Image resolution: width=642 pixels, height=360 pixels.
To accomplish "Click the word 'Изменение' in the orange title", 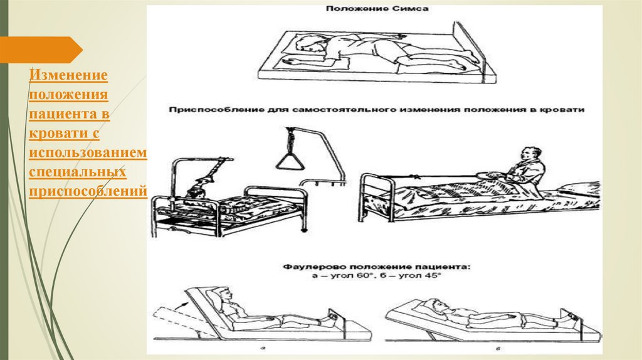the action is tap(68, 75).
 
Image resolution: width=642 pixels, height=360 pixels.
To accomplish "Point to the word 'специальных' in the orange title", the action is tap(77, 171).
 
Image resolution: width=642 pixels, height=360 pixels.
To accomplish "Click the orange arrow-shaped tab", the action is tap(41, 50).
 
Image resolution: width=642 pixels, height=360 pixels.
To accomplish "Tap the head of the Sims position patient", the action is tap(309, 43).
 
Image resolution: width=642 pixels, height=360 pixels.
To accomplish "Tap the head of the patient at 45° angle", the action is tap(430, 307).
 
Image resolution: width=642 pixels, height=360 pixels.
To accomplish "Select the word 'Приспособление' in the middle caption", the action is tap(206, 109).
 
